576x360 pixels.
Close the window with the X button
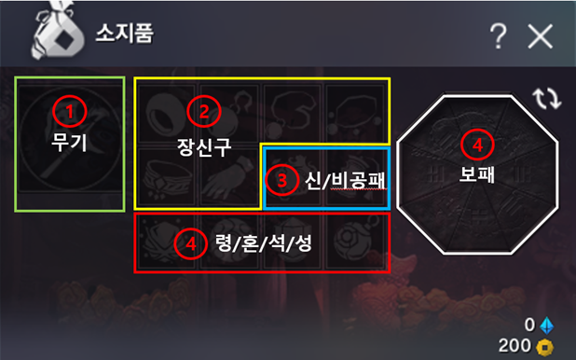[x=540, y=36]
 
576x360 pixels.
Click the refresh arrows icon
[x=546, y=98]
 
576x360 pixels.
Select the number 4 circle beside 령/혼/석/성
[x=189, y=244]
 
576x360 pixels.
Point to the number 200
[x=522, y=347]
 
